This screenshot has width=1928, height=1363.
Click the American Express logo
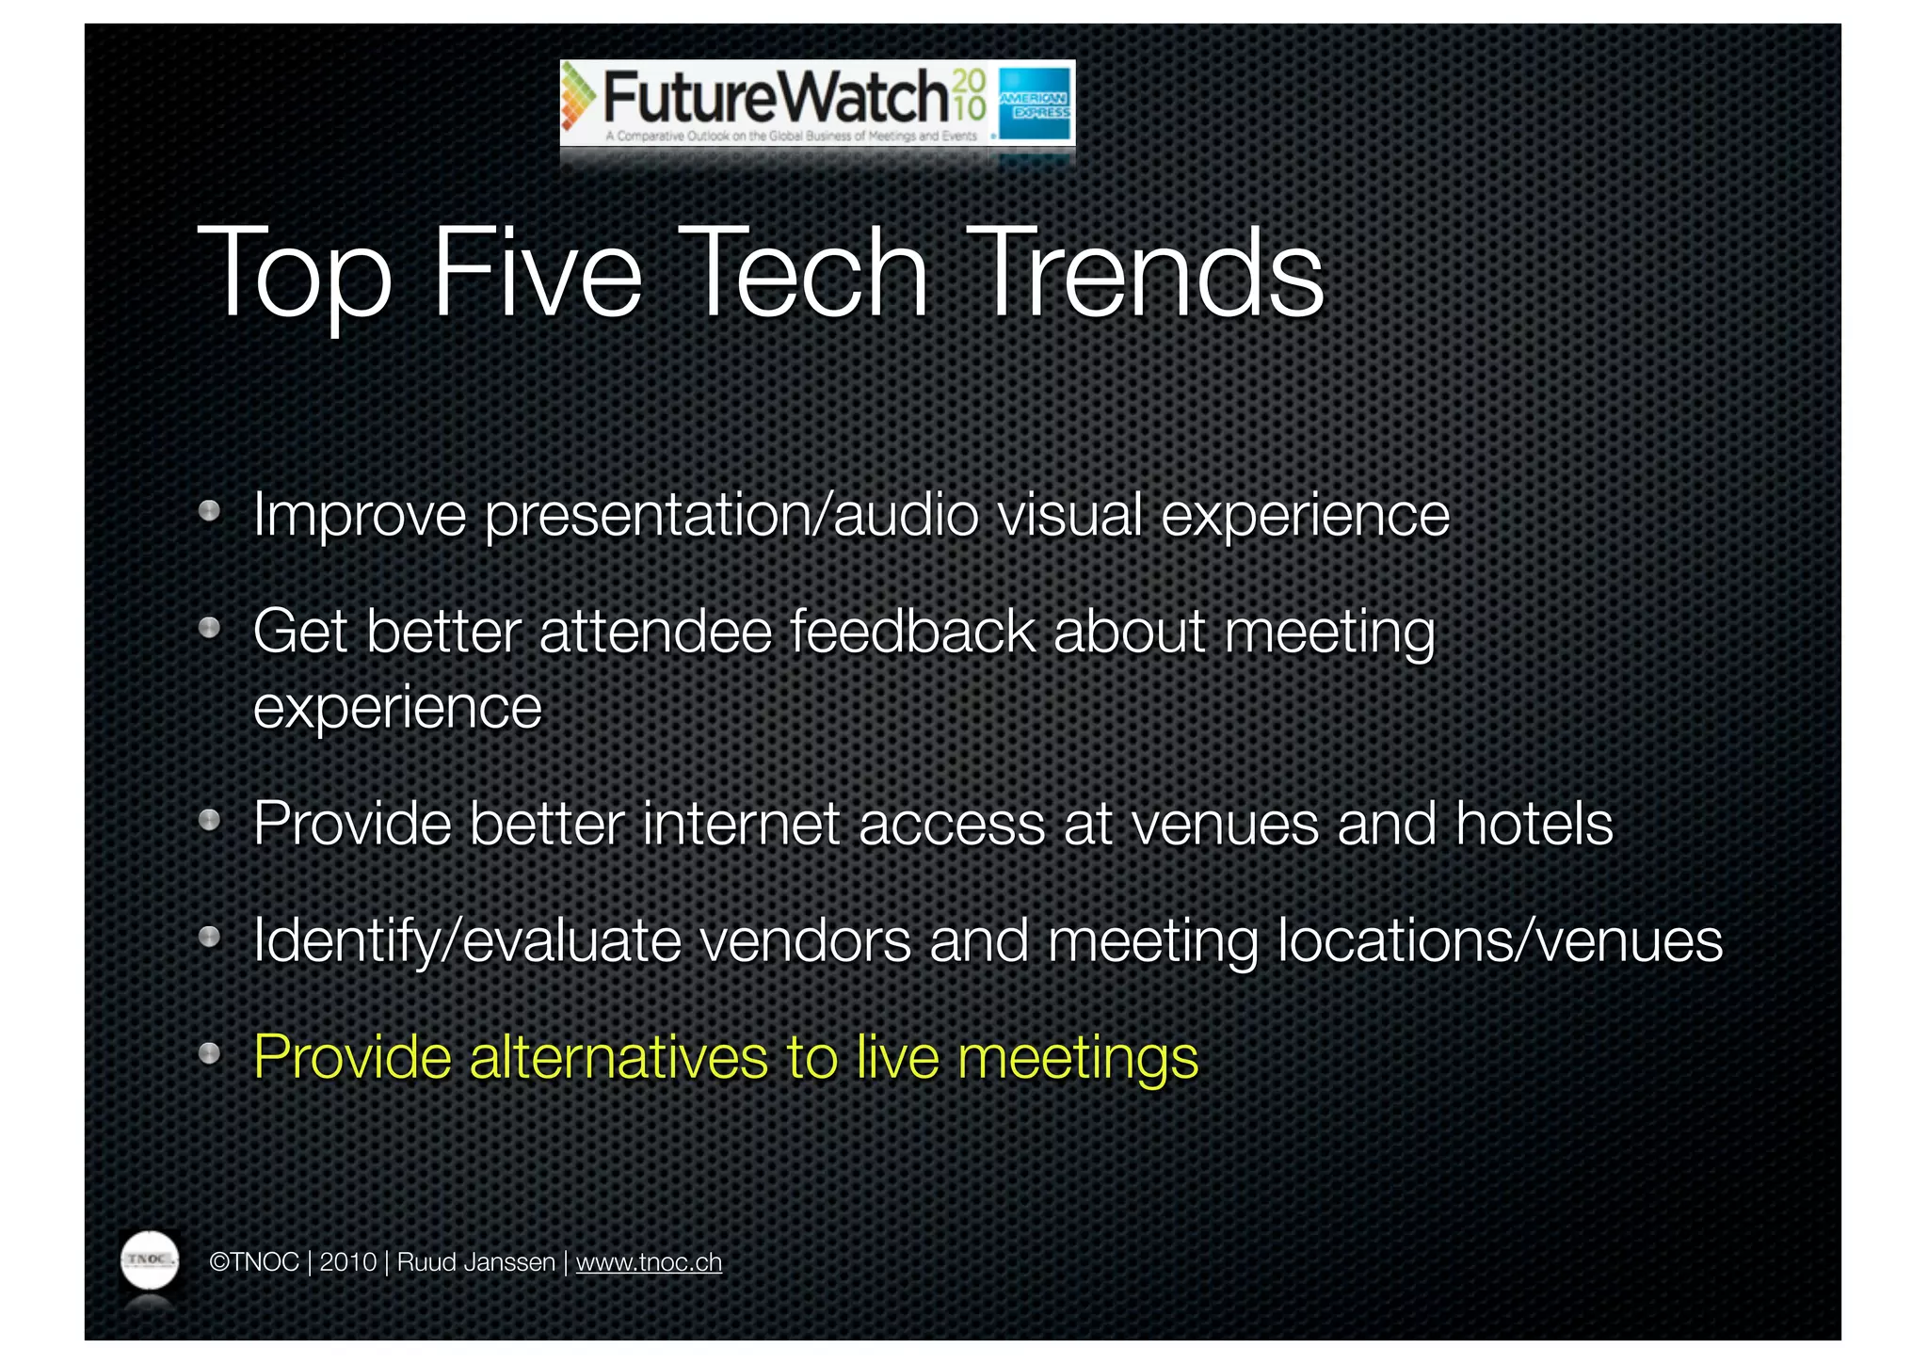tap(1035, 104)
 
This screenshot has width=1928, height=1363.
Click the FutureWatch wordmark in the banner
tap(774, 97)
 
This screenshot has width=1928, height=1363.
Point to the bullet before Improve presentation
tap(209, 511)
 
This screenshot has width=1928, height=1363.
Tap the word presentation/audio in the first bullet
tap(731, 516)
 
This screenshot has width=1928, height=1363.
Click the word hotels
tap(1534, 824)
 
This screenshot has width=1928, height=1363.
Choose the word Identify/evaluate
tap(467, 940)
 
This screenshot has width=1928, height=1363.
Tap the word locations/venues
tap(1499, 940)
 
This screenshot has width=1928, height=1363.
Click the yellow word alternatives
tap(619, 1057)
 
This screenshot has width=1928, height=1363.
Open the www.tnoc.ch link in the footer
tap(649, 1262)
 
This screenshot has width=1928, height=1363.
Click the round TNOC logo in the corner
tap(150, 1259)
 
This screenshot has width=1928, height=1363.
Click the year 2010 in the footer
tap(347, 1262)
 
